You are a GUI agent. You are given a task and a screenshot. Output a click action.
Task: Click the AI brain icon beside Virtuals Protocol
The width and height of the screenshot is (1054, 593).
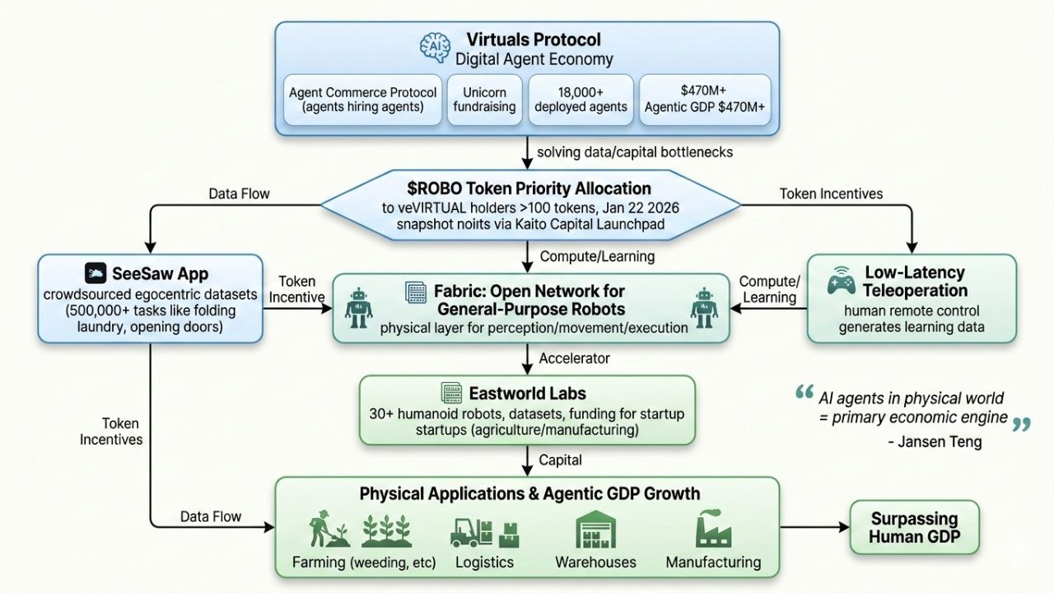point(434,48)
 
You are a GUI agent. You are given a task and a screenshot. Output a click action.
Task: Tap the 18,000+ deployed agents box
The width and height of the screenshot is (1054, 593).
point(581,100)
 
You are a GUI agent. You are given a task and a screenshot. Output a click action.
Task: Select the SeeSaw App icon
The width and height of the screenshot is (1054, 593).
point(97,273)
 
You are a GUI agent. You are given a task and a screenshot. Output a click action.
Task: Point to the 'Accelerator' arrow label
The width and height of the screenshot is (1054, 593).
point(575,358)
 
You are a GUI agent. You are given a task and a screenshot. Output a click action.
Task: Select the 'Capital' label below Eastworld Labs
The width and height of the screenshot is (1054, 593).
point(561,460)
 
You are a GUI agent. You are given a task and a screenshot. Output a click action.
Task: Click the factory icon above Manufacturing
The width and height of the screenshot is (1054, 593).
point(712,530)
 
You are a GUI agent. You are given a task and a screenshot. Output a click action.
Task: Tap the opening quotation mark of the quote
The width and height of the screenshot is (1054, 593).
point(804,394)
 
